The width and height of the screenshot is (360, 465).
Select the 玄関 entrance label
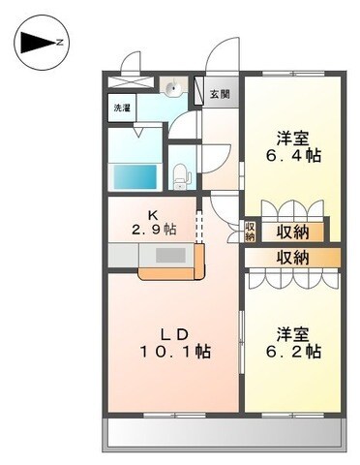220,94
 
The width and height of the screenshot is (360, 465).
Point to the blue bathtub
135,177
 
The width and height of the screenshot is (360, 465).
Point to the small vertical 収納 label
250,232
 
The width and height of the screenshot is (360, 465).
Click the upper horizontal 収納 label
293,232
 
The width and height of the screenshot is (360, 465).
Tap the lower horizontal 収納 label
293,258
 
